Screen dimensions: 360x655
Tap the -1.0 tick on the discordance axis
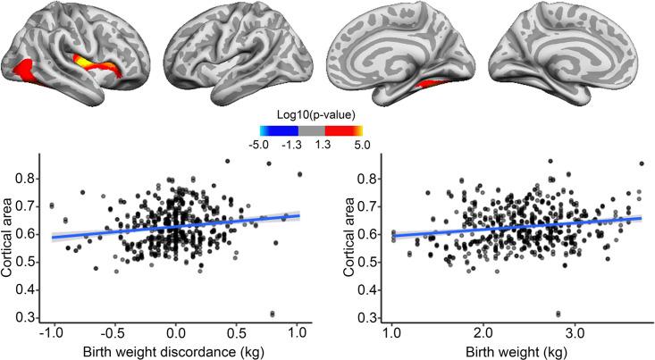tap(51, 331)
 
